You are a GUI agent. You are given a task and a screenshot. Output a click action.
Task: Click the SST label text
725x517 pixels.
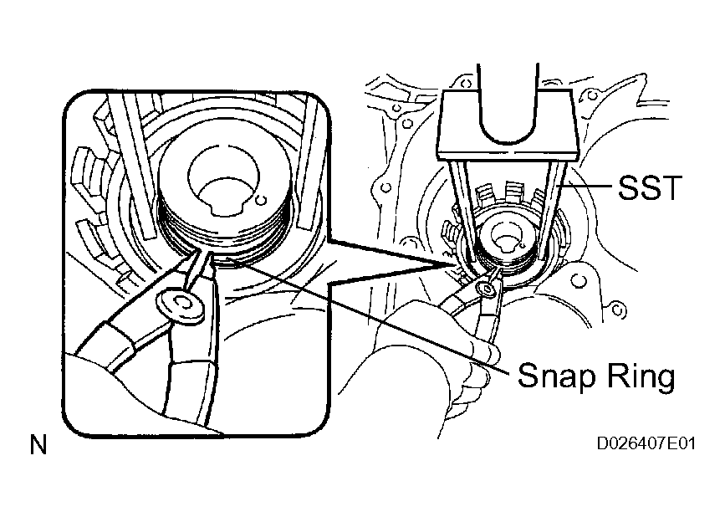point(650,187)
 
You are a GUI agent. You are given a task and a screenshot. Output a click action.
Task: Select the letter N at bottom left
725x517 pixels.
point(38,445)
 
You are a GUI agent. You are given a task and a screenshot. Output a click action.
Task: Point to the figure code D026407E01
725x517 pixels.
point(646,444)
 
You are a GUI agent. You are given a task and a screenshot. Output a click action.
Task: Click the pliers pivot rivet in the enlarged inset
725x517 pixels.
point(181,305)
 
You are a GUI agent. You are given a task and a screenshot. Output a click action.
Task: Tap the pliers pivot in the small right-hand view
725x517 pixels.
point(487,289)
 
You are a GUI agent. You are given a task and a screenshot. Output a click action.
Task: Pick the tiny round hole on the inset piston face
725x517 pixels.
point(261,200)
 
